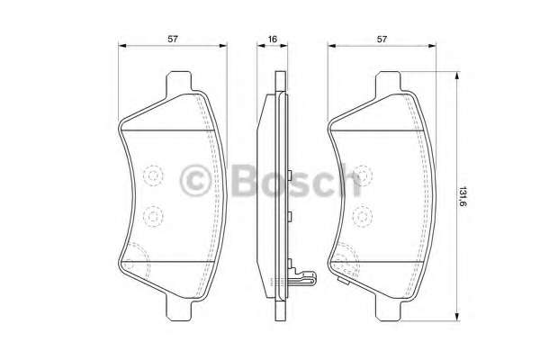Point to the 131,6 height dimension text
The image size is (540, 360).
coord(463,197)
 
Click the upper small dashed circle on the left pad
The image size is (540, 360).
coord(152,175)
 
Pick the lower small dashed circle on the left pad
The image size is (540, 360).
coord(152,215)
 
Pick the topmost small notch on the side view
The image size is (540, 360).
coord(291,172)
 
